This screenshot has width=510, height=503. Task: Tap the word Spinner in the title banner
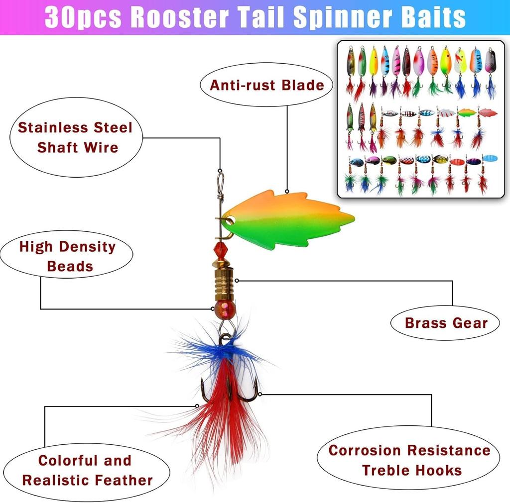point(338,17)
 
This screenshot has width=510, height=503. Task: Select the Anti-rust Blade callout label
point(266,85)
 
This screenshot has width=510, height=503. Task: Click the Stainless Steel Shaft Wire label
point(76,137)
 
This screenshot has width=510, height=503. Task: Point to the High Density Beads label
point(67,256)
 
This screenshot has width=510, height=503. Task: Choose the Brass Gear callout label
point(446,323)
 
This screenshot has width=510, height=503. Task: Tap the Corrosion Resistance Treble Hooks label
point(409,460)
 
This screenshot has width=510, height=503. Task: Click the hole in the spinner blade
point(230,218)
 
